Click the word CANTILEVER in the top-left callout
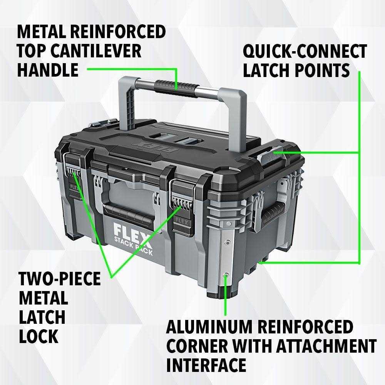point(97,51)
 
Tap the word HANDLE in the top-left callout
point(48,70)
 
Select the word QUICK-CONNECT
point(305,51)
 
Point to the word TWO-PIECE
point(60,279)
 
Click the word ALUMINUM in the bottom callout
point(209,327)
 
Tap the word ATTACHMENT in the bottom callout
point(326,346)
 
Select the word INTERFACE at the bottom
point(206,365)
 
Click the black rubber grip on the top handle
point(176,87)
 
